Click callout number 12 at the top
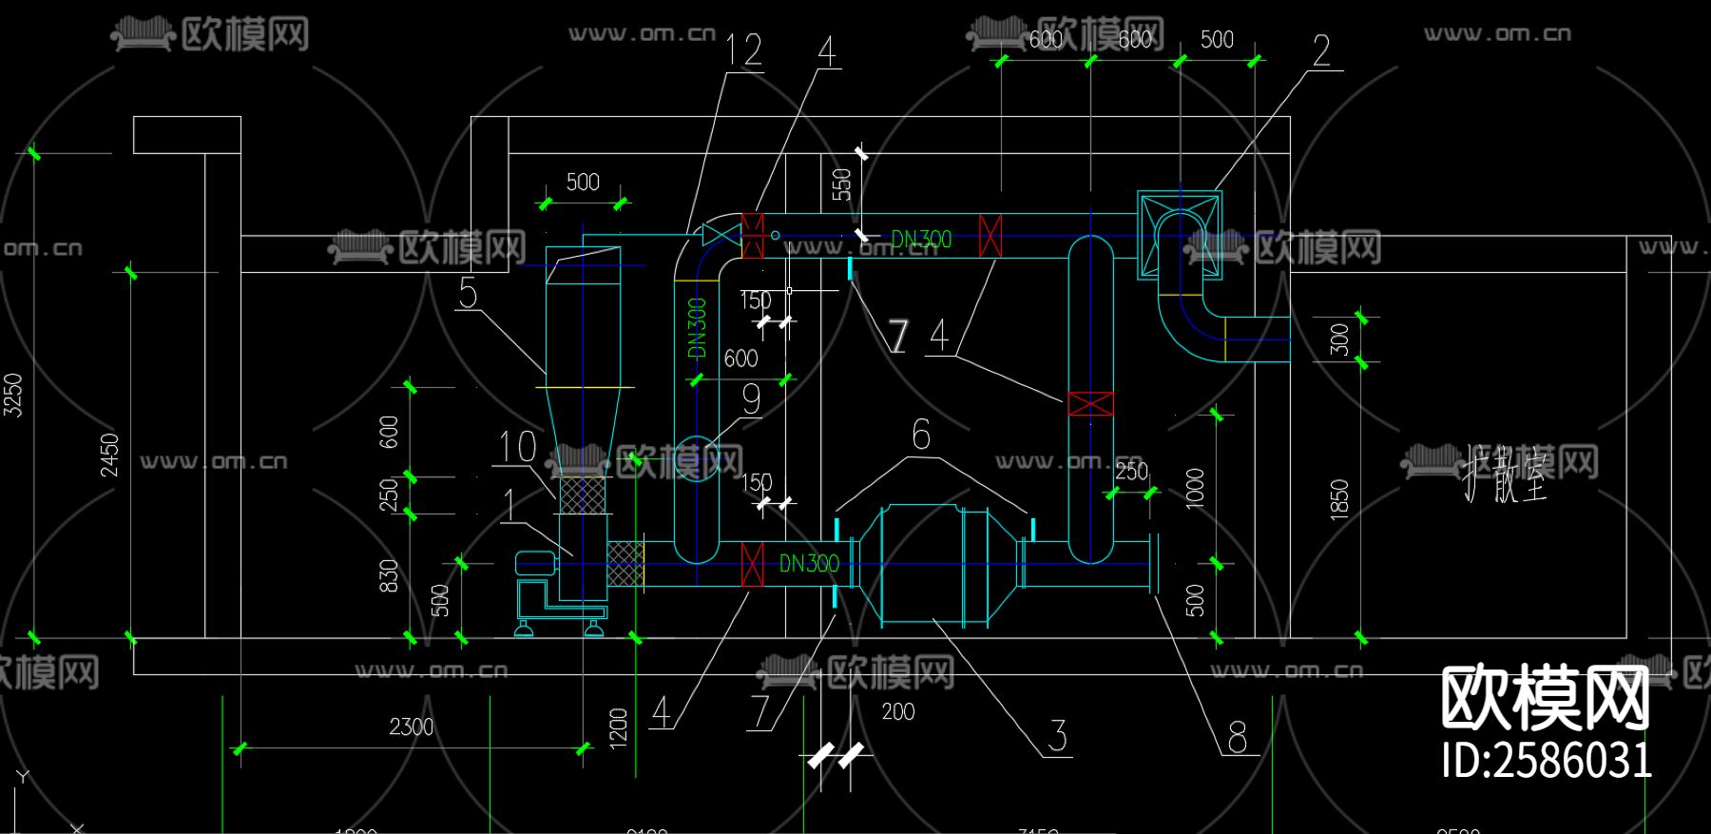pyautogui.click(x=744, y=49)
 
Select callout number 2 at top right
pyautogui.click(x=1321, y=50)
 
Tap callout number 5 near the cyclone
pyautogui.click(x=468, y=293)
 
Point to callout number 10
pyautogui.click(x=518, y=447)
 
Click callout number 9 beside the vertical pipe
pyautogui.click(x=751, y=398)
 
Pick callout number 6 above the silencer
pyautogui.click(x=921, y=435)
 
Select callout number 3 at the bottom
pyautogui.click(x=1058, y=736)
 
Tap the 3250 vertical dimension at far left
pyautogui.click(x=13, y=394)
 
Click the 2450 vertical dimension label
pyautogui.click(x=110, y=455)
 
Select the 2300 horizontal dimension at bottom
pyautogui.click(x=411, y=727)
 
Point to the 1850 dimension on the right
pyautogui.click(x=1339, y=498)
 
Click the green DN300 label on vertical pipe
pyautogui.click(x=697, y=328)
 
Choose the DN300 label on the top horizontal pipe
pyautogui.click(x=920, y=240)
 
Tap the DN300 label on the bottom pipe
pyautogui.click(x=809, y=564)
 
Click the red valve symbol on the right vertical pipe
pyautogui.click(x=1090, y=403)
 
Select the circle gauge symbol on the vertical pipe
pyautogui.click(x=696, y=458)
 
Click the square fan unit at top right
pyautogui.click(x=1180, y=235)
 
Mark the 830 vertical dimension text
pyautogui.click(x=389, y=576)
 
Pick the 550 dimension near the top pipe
pyautogui.click(x=841, y=184)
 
